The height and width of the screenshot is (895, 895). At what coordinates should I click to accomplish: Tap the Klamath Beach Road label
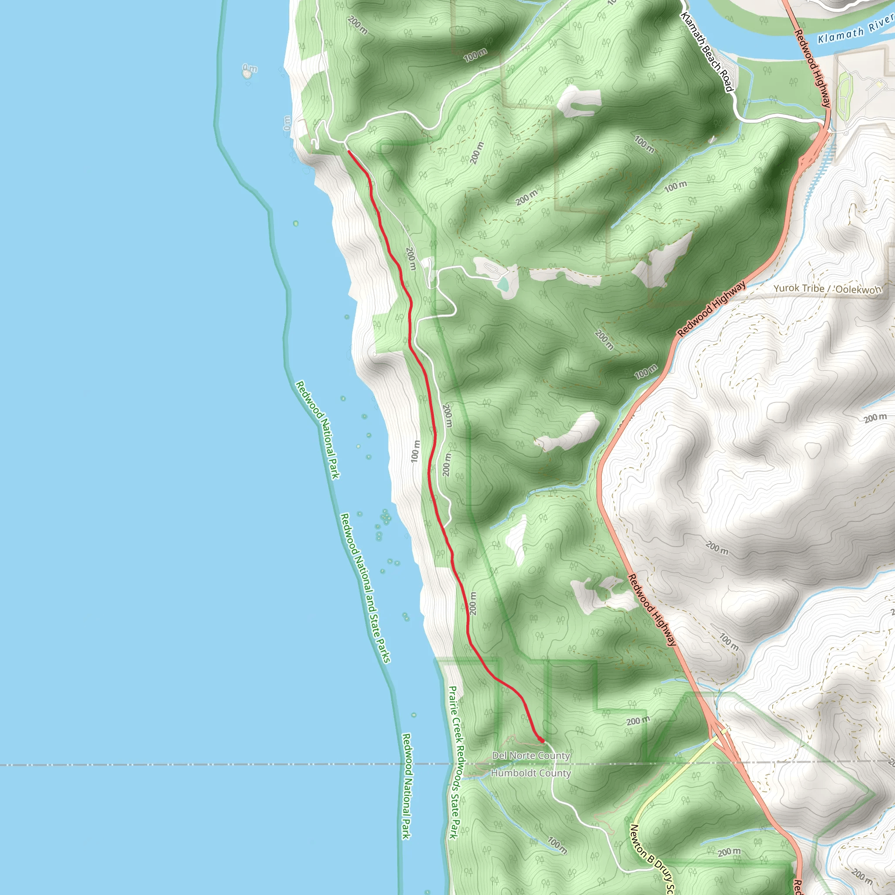[x=707, y=52]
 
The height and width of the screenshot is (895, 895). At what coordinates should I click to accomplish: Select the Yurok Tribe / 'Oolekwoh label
[x=827, y=288]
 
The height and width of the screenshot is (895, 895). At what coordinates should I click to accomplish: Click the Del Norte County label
[x=531, y=756]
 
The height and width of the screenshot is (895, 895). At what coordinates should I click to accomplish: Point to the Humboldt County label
[x=531, y=773]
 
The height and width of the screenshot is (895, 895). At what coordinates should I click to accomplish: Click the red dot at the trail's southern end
[x=541, y=740]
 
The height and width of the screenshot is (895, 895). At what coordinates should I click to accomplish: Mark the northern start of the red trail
[x=348, y=151]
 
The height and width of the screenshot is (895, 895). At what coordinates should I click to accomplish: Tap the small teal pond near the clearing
[x=503, y=284]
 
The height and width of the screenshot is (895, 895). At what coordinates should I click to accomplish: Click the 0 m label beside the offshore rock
[x=250, y=69]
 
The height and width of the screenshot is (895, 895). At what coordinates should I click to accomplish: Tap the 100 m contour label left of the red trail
[x=416, y=451]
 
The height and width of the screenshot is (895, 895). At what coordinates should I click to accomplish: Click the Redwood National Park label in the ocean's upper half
[x=318, y=430]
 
